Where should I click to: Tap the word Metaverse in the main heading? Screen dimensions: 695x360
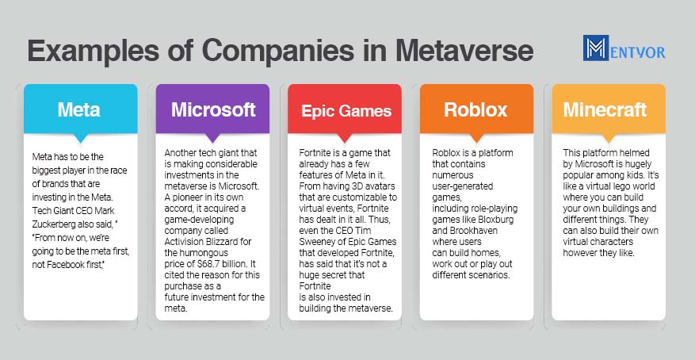(464, 51)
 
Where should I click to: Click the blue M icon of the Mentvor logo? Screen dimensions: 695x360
(596, 48)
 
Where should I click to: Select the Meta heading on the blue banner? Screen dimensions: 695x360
(79, 110)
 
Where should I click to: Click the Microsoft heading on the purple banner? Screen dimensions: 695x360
(213, 110)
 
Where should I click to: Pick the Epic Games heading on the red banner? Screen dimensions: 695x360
(346, 111)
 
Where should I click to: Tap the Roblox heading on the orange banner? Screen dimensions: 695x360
(475, 110)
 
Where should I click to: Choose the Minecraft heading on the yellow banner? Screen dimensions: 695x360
(605, 110)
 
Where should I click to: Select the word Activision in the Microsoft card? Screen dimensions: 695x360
(185, 242)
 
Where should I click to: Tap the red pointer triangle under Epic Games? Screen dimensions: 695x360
(345, 137)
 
